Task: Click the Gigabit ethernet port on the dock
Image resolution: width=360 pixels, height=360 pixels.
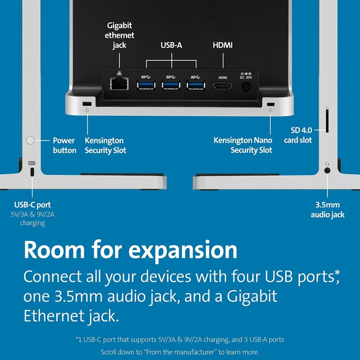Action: pyautogui.click(x=119, y=83)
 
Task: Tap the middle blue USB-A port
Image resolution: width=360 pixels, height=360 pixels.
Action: pyautogui.click(x=171, y=85)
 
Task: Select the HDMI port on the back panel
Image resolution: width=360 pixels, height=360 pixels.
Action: pyautogui.click(x=222, y=86)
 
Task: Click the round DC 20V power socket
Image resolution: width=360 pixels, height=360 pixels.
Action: pyautogui.click(x=246, y=87)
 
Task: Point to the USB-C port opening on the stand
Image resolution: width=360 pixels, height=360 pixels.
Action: pyautogui.click(x=32, y=172)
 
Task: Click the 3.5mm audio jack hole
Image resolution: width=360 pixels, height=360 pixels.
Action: pyautogui.click(x=327, y=170)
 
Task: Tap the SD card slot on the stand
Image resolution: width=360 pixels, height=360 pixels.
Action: pyautogui.click(x=327, y=121)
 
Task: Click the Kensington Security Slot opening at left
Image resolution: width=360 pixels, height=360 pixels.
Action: pyautogui.click(x=87, y=104)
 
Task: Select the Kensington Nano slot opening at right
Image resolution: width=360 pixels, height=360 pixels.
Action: pyautogui.click(x=270, y=104)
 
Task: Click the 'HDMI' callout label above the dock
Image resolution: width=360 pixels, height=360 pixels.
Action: pyautogui.click(x=222, y=45)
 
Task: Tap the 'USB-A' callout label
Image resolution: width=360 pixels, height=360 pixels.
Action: pyautogui.click(x=171, y=45)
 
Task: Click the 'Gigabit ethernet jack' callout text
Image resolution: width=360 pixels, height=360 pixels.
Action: pyautogui.click(x=119, y=35)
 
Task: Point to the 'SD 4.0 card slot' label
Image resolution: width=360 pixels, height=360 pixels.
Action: pyautogui.click(x=298, y=135)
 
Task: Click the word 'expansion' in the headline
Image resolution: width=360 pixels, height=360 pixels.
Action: pyautogui.click(x=182, y=250)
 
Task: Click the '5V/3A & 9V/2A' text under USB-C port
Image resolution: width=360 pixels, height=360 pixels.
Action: pyautogui.click(x=33, y=214)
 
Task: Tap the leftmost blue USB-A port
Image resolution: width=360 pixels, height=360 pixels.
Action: pyautogui.click(x=146, y=85)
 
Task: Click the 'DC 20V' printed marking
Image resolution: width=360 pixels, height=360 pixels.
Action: pyautogui.click(x=246, y=77)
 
